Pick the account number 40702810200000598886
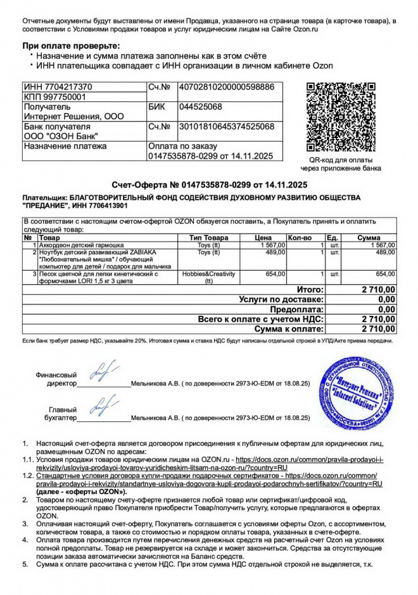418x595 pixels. click(227, 87)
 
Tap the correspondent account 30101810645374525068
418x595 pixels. click(227, 127)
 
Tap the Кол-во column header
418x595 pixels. click(300, 237)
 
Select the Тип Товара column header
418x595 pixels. click(208, 237)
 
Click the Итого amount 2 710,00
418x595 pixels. click(378, 289)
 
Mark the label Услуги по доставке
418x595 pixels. click(281, 299)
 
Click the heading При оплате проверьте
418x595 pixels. click(71, 46)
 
